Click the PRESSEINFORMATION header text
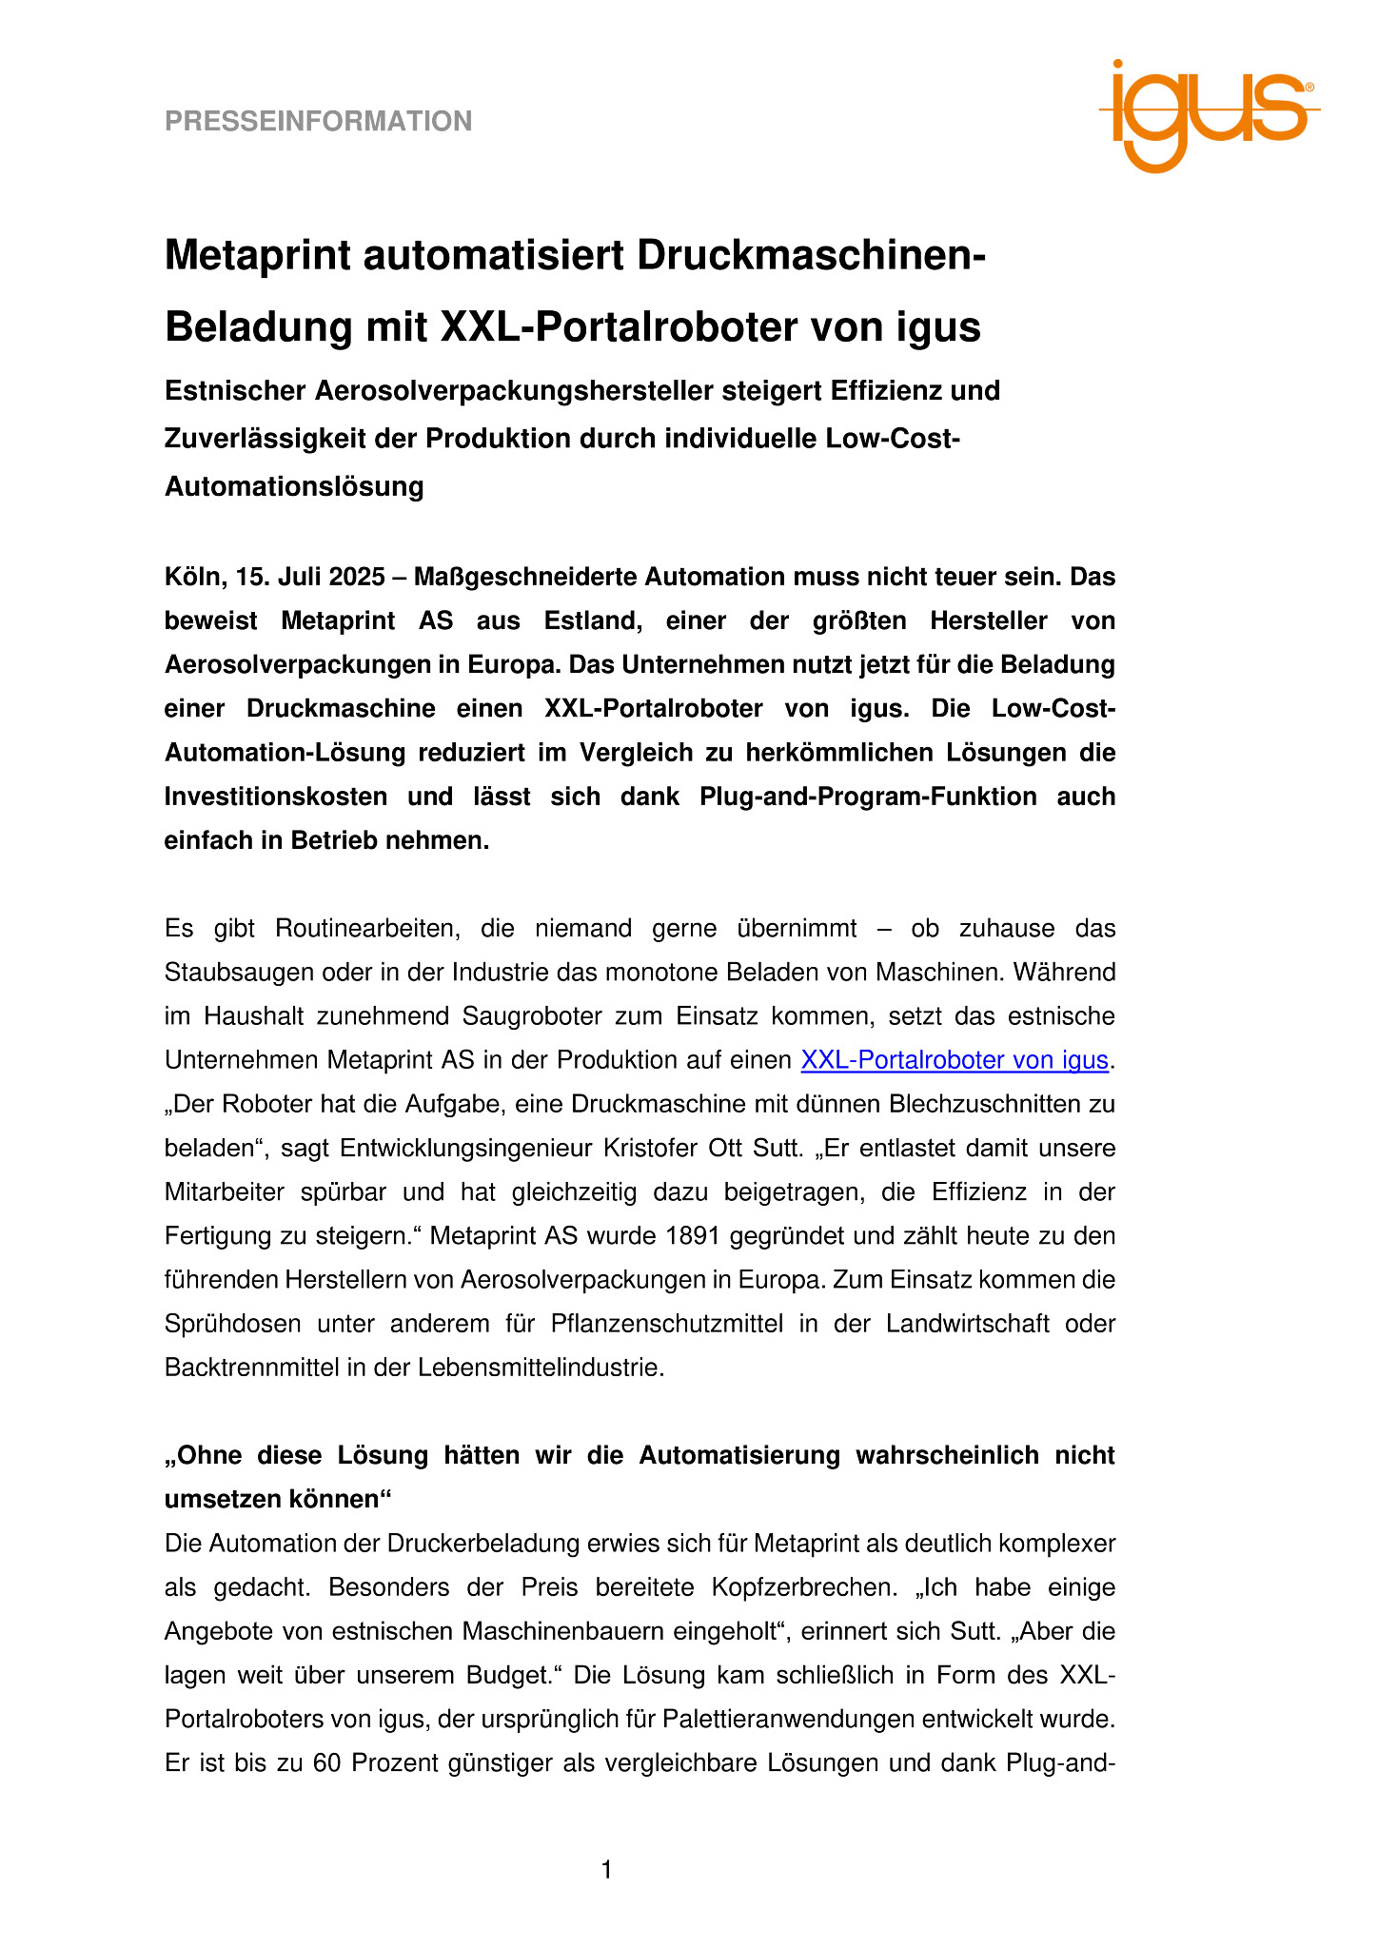[318, 121]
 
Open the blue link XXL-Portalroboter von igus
[955, 1060]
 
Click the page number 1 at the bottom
[607, 1871]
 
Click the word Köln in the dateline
[191, 577]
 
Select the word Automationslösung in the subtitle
[294, 486]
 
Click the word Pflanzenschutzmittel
[666, 1324]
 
